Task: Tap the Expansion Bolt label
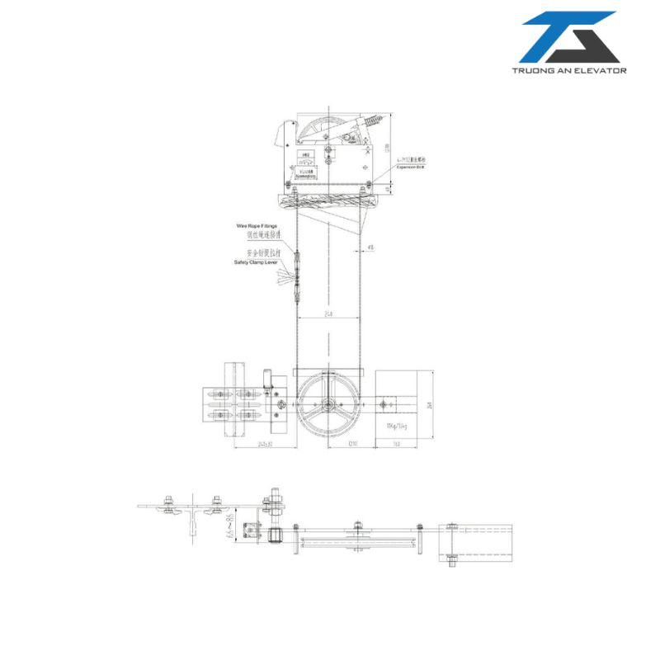pyautogui.click(x=408, y=166)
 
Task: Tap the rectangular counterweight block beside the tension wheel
pyautogui.click(x=403, y=403)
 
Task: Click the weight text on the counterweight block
pyautogui.click(x=397, y=426)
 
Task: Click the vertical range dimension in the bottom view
pyautogui.click(x=229, y=526)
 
